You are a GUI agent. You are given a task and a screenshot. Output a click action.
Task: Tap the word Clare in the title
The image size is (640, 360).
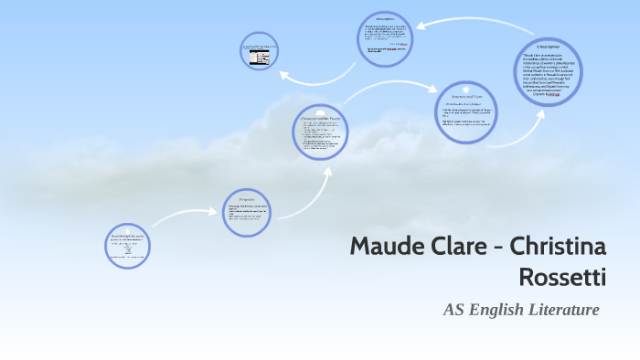[463, 247]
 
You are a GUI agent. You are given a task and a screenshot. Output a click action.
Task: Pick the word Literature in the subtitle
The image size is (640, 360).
[562, 310]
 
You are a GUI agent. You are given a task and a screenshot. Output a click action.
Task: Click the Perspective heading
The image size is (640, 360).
[247, 198]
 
